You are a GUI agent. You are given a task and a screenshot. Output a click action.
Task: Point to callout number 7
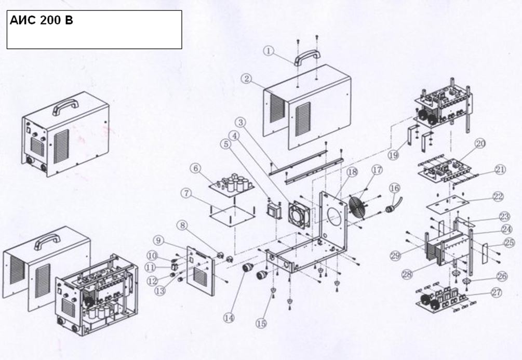pyautogui.click(x=185, y=193)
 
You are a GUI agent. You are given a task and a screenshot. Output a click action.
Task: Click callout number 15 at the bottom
pyautogui.click(x=261, y=323)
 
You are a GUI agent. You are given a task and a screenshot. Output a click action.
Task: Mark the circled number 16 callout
pyautogui.click(x=394, y=188)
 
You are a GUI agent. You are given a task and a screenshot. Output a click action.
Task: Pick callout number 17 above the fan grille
pyautogui.click(x=377, y=170)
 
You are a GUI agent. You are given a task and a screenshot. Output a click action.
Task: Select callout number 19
pyautogui.click(x=394, y=155)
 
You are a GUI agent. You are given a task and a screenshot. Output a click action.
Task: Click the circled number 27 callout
pyautogui.click(x=497, y=292)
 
